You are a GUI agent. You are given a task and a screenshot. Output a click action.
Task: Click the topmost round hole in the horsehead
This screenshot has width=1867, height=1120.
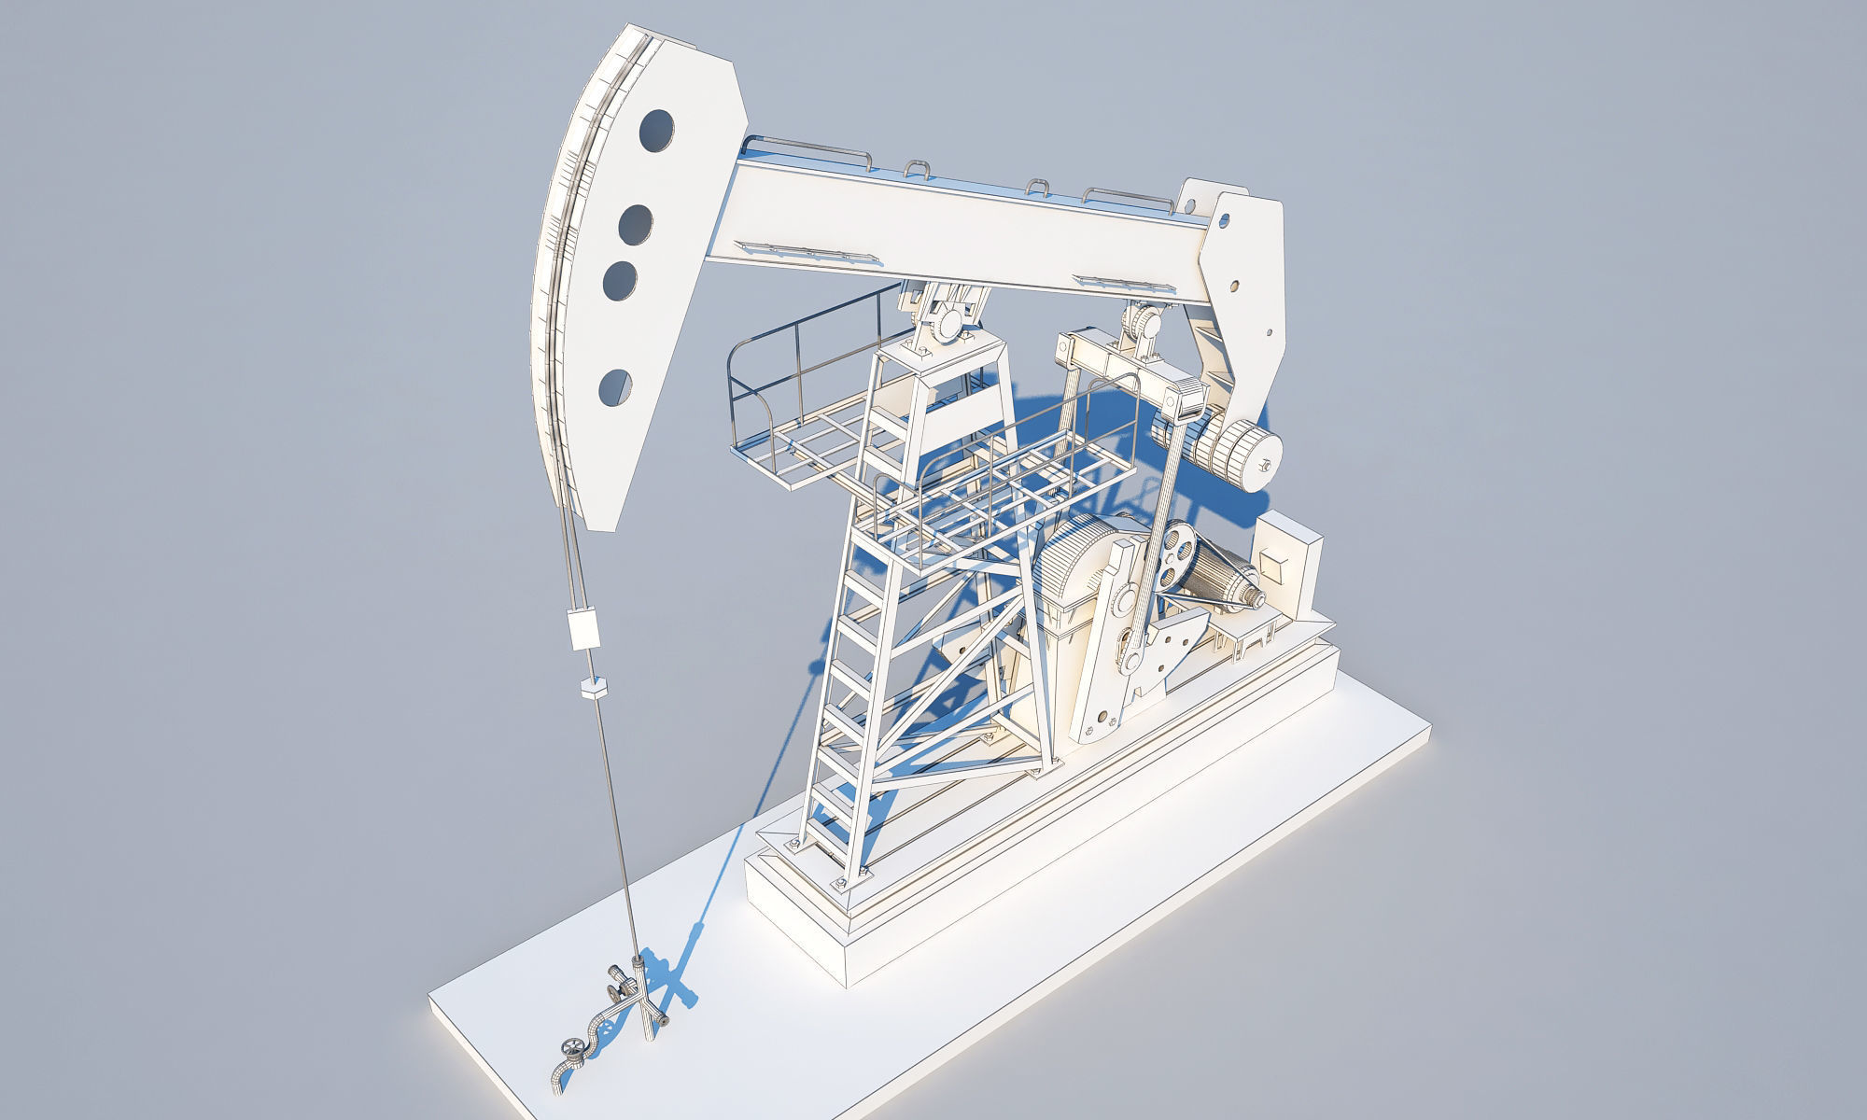[657, 131]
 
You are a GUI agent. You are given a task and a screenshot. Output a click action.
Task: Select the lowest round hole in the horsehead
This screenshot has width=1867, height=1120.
[614, 388]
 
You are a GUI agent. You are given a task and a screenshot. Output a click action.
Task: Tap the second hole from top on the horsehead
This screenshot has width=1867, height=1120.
[637, 224]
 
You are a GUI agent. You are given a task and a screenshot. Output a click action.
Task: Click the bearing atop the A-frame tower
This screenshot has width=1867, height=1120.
[950, 323]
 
